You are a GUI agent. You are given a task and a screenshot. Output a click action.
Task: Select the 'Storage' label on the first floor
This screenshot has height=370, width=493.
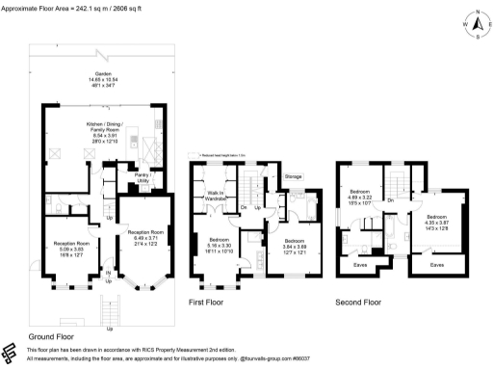294,177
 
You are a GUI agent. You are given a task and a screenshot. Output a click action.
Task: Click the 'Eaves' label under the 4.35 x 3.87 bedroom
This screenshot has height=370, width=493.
437,263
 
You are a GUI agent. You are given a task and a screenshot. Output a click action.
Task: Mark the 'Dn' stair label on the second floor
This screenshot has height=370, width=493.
390,199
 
